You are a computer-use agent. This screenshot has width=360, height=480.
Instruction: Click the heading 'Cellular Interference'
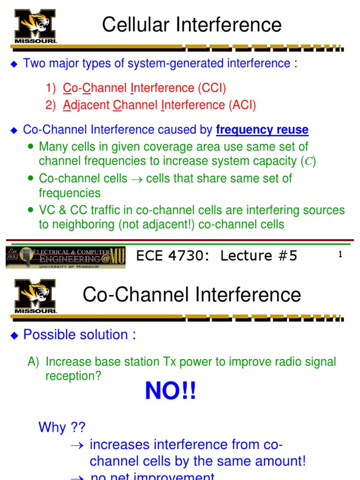click(x=192, y=25)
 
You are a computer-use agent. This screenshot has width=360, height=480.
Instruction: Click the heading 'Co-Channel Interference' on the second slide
click(x=192, y=295)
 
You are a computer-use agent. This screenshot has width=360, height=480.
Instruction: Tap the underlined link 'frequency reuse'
click(x=262, y=130)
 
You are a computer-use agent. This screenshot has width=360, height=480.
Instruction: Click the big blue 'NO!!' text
click(x=171, y=391)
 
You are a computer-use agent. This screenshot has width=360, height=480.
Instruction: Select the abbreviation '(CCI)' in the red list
click(x=212, y=88)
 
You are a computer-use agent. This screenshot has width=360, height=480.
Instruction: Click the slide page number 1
click(x=340, y=255)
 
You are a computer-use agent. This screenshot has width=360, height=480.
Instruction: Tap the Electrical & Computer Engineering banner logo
click(x=66, y=257)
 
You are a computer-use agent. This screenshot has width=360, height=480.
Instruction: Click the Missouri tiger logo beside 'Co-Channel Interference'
click(x=36, y=296)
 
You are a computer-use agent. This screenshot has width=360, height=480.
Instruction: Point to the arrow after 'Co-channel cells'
click(x=137, y=179)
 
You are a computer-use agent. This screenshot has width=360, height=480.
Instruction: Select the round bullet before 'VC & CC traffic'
click(x=31, y=210)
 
